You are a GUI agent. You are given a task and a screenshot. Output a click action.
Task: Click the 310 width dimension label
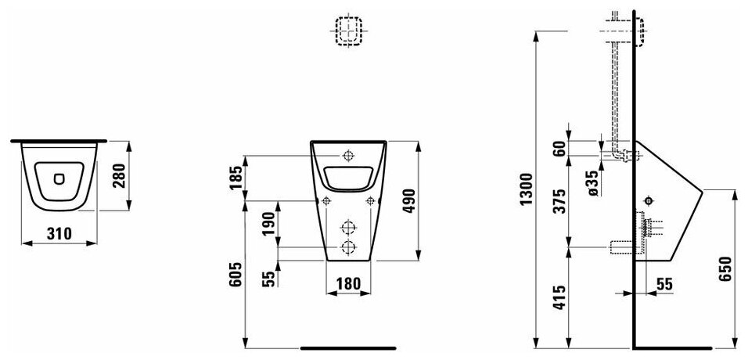[59, 233]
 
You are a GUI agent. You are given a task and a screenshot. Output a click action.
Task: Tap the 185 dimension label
[236, 177]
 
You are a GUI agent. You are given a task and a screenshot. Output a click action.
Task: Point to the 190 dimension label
[268, 223]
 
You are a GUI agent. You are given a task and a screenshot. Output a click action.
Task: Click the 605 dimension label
[236, 275]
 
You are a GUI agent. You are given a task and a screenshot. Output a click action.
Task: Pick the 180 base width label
[348, 283]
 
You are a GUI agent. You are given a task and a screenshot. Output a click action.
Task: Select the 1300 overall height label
[526, 189]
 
